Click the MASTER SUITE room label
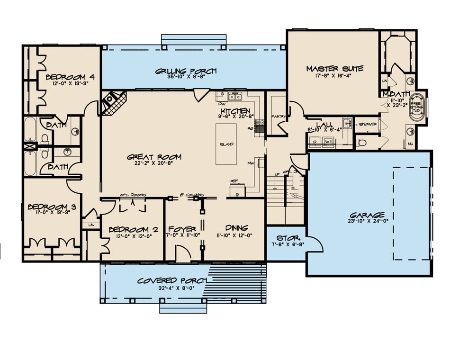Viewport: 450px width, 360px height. [x=334, y=68]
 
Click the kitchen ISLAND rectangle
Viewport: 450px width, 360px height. [x=226, y=144]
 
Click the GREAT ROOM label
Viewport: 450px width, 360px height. [x=147, y=157]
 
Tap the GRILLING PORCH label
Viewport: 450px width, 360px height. [x=186, y=71]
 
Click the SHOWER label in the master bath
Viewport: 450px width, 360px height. [x=368, y=124]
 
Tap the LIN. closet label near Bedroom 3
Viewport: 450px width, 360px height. [x=90, y=225]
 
